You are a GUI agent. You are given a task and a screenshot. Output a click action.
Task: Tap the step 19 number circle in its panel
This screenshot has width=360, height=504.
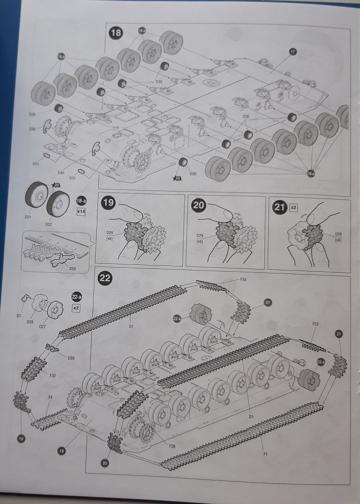coord(108,205)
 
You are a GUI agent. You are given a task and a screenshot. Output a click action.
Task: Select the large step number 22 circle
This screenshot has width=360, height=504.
coord(105,278)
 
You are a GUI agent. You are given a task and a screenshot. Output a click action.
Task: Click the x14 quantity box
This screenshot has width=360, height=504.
coord(82,212)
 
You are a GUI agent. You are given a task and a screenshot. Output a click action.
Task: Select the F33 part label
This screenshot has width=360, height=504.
coord(316,325)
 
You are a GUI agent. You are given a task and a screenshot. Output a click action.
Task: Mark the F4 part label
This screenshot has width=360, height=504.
coord(50,398)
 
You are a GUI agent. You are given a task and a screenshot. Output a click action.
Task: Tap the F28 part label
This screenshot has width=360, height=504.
coord(172,445)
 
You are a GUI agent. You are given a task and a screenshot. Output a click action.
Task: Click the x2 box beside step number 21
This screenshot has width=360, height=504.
coord(293,208)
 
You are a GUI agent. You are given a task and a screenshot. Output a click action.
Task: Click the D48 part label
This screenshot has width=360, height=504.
coord(32,129)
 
